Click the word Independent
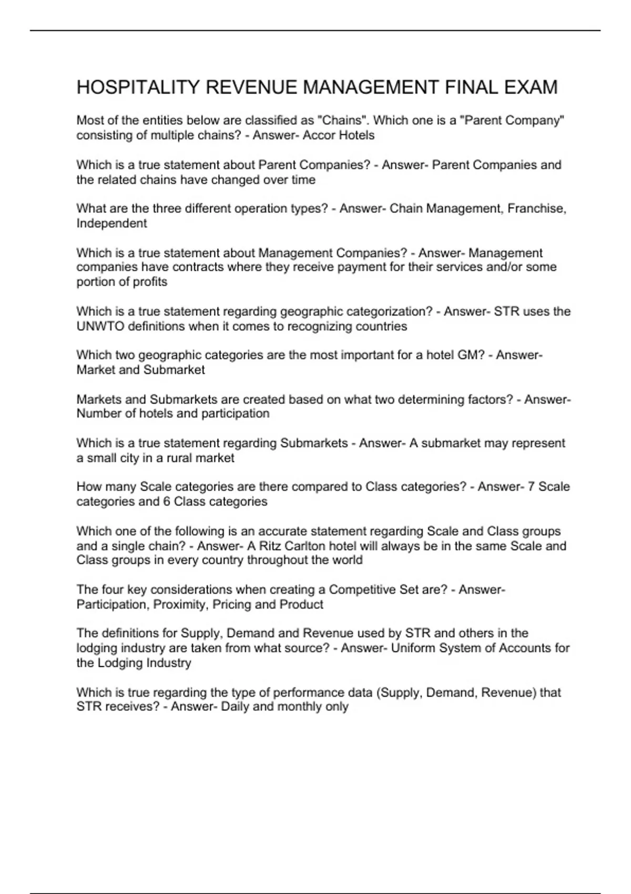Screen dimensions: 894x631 pyautogui.click(x=111, y=223)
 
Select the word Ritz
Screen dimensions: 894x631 pyautogui.click(x=270, y=546)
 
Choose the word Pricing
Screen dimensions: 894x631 pyautogui.click(x=232, y=604)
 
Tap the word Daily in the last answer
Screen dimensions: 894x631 pyautogui.click(x=235, y=706)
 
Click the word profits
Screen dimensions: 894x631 pyautogui.click(x=150, y=282)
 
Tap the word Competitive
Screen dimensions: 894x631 pyautogui.click(x=361, y=590)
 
